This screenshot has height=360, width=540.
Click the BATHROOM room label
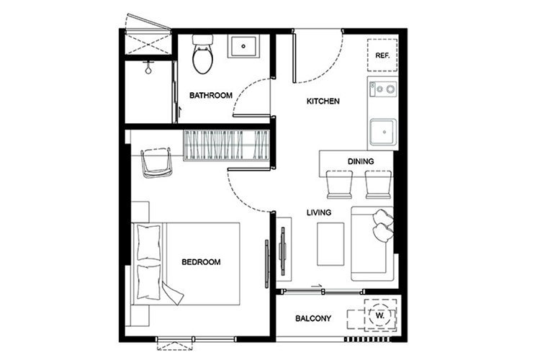211,96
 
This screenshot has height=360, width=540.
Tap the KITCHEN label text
323,102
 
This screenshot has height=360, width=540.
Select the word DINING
361,161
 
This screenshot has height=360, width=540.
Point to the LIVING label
319,212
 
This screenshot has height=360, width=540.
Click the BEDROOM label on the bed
201,262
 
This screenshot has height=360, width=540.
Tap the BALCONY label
313,318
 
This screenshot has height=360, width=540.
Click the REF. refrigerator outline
382,55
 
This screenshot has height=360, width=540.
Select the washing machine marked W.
380,315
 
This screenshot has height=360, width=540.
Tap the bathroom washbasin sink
243,46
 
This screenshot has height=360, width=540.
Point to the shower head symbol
148,68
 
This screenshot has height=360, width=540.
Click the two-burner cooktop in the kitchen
382,89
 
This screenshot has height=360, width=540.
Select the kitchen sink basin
383,132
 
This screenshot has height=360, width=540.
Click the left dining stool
339,184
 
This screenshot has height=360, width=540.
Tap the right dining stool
378,184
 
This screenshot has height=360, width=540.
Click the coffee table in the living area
330,244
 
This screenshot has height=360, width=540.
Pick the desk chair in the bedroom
156,163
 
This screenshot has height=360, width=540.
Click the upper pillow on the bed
149,243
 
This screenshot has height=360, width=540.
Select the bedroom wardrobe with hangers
226,145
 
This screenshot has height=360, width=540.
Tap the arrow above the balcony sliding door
316,286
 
